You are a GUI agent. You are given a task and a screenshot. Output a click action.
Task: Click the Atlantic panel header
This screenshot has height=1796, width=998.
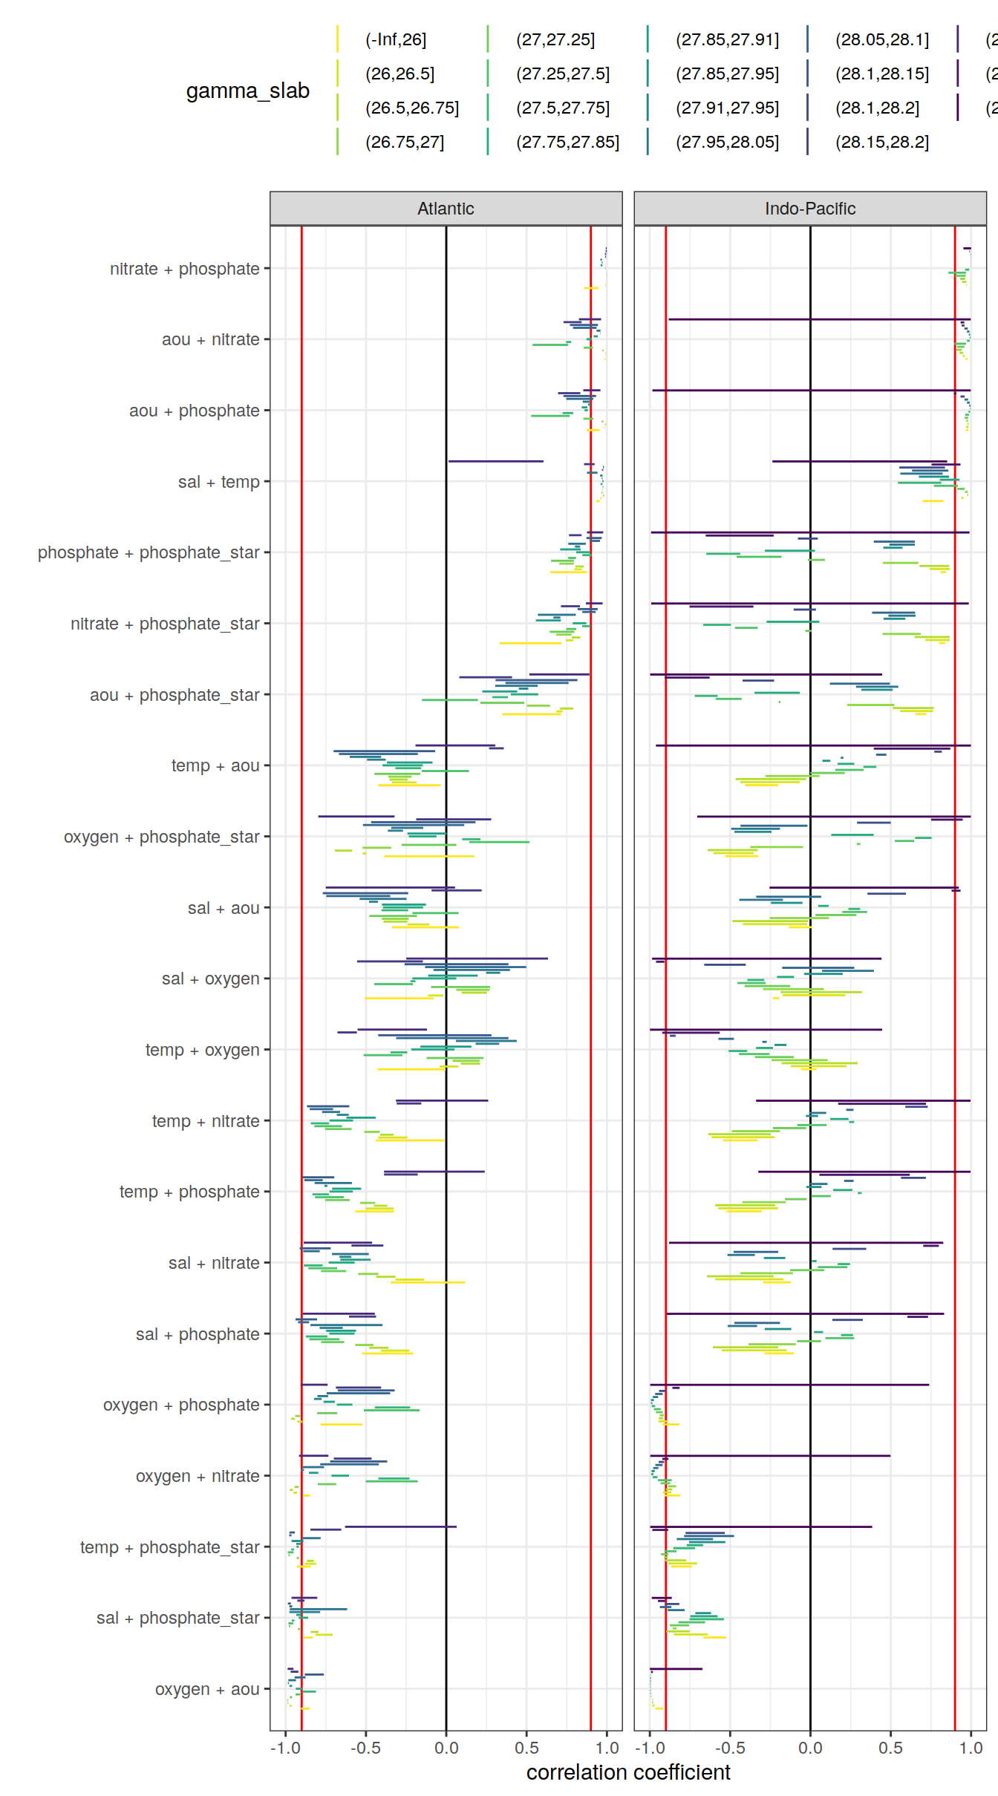click(x=446, y=209)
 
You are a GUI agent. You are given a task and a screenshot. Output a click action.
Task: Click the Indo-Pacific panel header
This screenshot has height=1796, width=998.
click(x=809, y=209)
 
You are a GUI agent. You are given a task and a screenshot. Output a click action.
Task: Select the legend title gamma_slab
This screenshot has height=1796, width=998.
click(x=247, y=91)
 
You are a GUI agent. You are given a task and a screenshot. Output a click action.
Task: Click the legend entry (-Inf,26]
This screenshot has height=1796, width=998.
click(x=396, y=39)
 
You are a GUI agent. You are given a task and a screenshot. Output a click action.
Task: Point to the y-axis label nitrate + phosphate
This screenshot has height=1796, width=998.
click(x=184, y=269)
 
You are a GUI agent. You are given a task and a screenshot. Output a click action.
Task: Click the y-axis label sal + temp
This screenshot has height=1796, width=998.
click(x=218, y=482)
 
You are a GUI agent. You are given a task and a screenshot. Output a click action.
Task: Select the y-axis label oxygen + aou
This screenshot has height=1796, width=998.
click(x=206, y=1689)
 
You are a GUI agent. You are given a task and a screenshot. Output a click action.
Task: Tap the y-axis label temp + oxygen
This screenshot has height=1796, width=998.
click(x=202, y=1050)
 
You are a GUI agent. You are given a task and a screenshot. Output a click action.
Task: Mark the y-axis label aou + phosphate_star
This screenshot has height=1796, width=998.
click(x=175, y=695)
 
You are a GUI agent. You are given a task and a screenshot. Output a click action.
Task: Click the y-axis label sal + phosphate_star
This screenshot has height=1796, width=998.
click(x=177, y=1618)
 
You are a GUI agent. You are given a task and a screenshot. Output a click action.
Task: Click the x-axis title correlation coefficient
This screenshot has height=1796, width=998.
click(x=628, y=1772)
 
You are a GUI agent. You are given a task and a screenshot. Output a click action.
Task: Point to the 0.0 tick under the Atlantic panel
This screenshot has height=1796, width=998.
click(x=446, y=1748)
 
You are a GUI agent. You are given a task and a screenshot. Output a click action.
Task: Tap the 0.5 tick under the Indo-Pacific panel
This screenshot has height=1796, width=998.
click(x=890, y=1748)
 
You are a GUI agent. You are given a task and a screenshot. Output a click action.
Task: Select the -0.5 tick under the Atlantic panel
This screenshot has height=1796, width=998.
click(x=365, y=1748)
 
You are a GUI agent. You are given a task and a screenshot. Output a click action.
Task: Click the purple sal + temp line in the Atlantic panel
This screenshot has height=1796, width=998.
click(x=495, y=461)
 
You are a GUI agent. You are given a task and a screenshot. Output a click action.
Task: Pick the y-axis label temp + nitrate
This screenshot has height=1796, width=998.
click(x=206, y=1121)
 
